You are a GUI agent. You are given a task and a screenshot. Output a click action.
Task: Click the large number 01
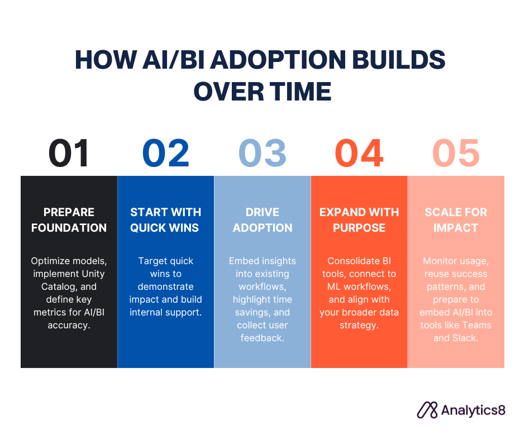[x=69, y=152]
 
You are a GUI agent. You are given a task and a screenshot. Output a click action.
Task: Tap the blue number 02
[x=166, y=152]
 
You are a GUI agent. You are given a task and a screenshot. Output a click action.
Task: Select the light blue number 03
[x=262, y=152]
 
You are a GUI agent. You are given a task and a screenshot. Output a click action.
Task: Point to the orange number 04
[x=359, y=152]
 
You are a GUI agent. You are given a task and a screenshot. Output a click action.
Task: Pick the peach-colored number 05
[x=456, y=152]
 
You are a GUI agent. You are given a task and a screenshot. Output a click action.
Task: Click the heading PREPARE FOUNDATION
[x=69, y=220]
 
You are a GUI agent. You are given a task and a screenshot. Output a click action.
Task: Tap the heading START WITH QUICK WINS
[x=166, y=220]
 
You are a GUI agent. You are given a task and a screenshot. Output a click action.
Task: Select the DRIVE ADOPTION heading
[x=262, y=220]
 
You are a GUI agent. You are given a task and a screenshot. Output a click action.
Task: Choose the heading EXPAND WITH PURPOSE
[x=359, y=220]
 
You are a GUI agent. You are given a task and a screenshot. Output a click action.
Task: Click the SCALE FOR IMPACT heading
[x=456, y=220]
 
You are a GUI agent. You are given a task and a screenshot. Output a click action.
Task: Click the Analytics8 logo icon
[x=427, y=410]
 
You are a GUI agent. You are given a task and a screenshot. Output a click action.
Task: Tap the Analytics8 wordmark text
[x=473, y=410]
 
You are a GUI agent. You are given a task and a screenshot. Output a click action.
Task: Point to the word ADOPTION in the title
[x=278, y=60]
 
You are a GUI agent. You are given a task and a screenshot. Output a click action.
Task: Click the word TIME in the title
[x=300, y=92]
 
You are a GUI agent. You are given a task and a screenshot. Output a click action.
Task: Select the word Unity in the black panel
[x=93, y=274]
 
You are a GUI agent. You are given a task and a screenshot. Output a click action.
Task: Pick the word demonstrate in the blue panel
[x=166, y=286]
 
